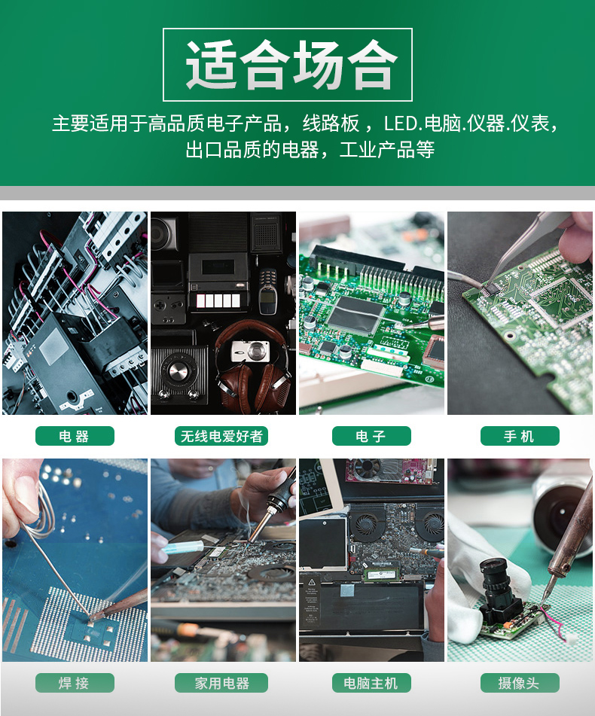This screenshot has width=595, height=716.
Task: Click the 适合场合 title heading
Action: (291, 65)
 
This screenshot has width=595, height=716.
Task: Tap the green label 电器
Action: (75, 436)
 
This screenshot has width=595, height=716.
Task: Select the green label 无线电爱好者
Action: (221, 436)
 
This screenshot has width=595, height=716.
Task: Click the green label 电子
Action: (371, 436)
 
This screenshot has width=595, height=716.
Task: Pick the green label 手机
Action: (520, 436)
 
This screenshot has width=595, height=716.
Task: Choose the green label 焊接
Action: (75, 683)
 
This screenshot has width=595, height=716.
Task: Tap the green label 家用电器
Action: (221, 683)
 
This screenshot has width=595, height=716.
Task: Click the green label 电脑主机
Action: (371, 683)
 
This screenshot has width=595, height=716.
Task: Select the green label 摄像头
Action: (520, 683)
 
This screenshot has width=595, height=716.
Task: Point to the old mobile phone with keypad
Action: (267, 291)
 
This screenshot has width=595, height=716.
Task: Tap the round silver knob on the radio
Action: (177, 370)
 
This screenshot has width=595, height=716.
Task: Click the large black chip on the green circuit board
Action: (356, 313)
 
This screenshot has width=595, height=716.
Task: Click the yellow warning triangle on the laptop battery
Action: (313, 582)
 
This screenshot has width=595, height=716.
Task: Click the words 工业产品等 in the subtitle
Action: (387, 150)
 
